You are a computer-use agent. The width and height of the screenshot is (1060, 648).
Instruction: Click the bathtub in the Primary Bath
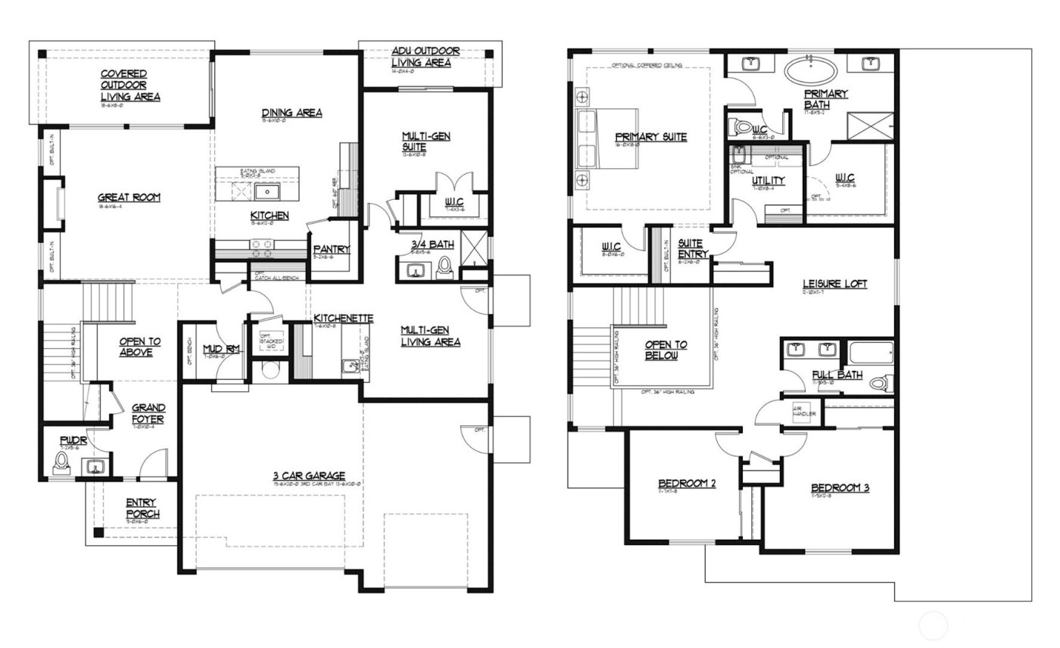pos(811,72)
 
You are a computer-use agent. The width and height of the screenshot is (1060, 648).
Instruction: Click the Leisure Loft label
pos(834,284)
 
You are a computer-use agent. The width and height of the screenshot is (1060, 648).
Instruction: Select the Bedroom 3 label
pos(840,488)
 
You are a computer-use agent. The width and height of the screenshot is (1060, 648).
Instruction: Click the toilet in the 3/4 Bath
pos(445,266)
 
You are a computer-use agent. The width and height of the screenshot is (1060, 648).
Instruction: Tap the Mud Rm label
pos(222,348)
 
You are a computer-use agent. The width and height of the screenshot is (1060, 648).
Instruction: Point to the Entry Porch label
pos(142,508)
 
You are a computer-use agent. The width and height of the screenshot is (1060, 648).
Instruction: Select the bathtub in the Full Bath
pos(871,354)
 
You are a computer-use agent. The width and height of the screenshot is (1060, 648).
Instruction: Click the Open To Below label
pos(666,350)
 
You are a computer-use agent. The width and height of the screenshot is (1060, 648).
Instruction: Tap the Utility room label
pos(768,180)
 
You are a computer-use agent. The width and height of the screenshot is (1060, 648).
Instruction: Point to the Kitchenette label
pos(343,318)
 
